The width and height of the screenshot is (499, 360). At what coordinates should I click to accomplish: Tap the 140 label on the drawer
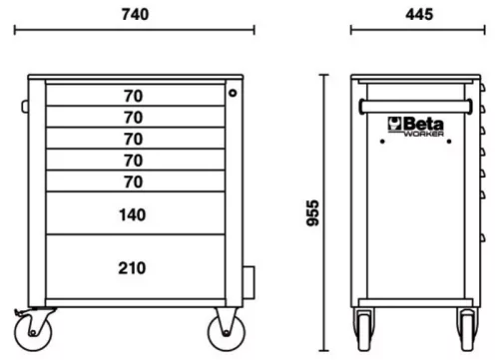click(x=132, y=214)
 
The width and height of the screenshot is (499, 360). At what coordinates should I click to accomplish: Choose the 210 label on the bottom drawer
click(x=132, y=267)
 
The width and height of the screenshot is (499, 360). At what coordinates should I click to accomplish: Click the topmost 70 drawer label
click(x=132, y=97)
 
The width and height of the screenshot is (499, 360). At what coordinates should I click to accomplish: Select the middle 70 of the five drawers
click(x=132, y=139)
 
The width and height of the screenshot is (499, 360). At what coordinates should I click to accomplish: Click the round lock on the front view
click(x=232, y=93)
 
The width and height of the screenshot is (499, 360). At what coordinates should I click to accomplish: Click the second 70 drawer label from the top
click(x=132, y=118)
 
